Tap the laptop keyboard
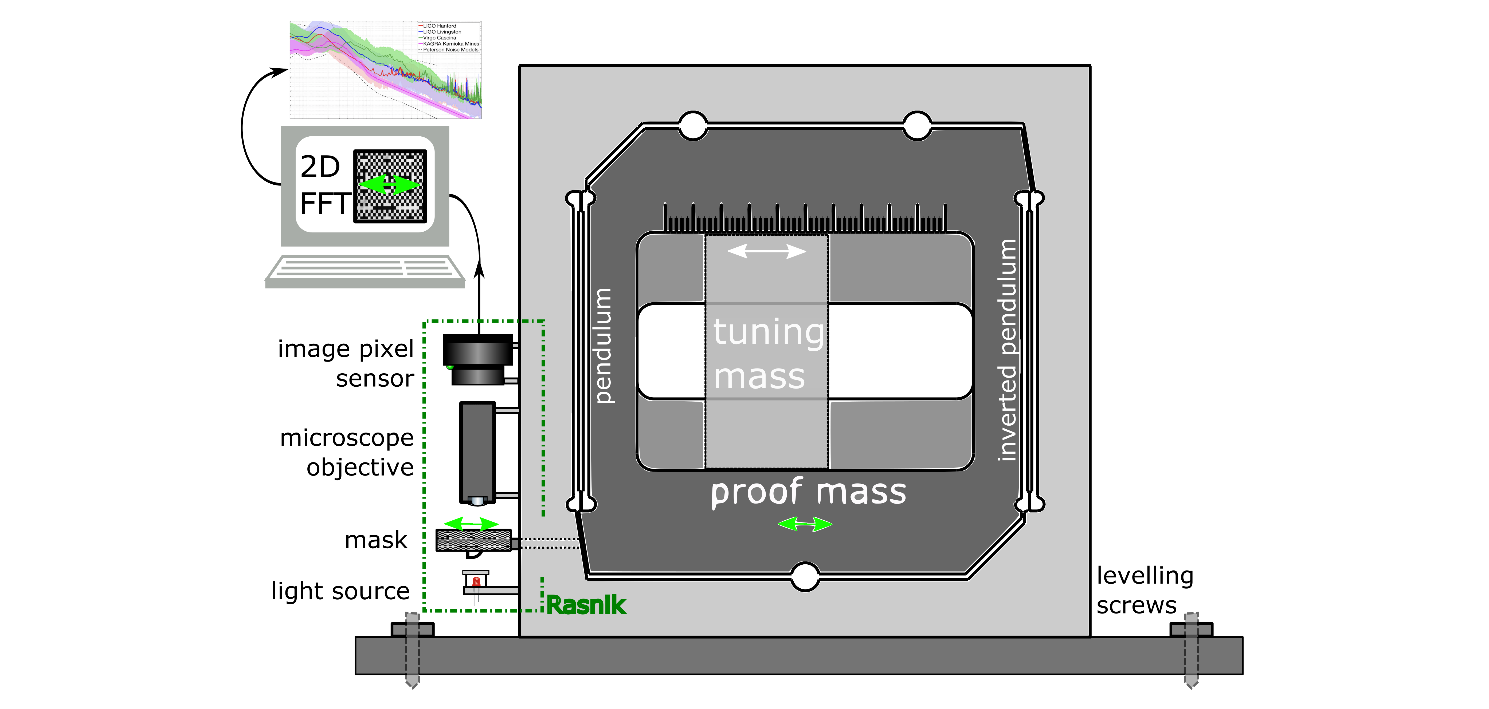click(x=365, y=269)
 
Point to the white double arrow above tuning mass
click(x=766, y=251)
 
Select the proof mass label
click(x=808, y=492)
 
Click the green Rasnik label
click(x=586, y=605)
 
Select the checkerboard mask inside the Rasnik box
click(x=473, y=540)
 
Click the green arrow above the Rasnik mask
click(x=471, y=524)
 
